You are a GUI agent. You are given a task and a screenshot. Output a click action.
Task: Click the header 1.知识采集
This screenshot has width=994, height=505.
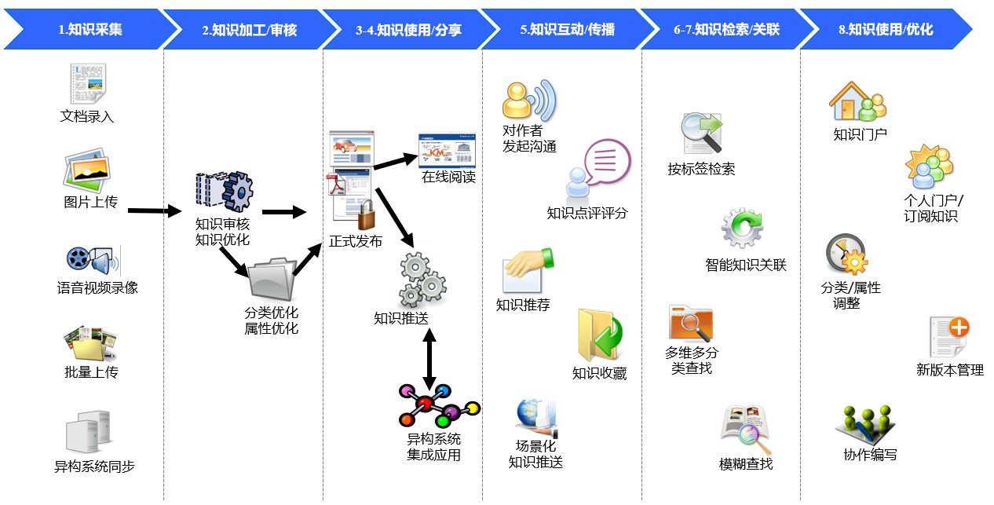(90, 30)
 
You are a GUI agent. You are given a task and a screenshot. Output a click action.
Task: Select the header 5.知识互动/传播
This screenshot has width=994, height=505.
(567, 30)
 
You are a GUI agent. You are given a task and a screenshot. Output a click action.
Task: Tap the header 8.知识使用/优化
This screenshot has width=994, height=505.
(885, 30)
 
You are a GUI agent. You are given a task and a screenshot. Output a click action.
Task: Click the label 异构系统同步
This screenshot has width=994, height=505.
(94, 467)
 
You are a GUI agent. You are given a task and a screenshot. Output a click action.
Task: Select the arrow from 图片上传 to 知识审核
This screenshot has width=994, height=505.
(154, 210)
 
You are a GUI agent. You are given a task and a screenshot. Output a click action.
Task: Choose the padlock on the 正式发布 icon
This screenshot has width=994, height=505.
(366, 215)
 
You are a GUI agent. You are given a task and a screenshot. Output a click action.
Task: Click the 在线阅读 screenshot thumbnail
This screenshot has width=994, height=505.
(447, 150)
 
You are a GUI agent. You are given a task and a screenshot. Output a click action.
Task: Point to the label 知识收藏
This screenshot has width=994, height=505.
(599, 374)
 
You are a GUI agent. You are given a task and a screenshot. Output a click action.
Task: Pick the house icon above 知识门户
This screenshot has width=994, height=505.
(847, 100)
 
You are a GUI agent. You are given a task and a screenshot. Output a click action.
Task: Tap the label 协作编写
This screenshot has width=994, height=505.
(870, 455)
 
